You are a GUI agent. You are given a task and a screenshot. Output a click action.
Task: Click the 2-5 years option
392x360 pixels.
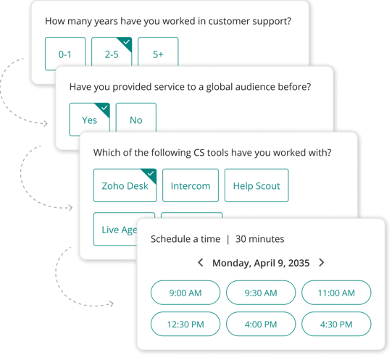tap(112, 52)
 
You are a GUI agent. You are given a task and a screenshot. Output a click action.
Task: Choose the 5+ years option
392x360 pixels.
tap(158, 52)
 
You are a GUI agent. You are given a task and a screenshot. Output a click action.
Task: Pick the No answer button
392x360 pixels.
tap(136, 118)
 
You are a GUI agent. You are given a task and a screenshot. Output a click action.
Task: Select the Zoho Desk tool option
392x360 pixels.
tap(125, 185)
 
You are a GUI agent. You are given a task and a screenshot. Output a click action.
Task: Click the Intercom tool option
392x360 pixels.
tap(191, 185)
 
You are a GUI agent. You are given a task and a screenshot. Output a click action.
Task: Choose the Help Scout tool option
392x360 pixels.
tap(257, 185)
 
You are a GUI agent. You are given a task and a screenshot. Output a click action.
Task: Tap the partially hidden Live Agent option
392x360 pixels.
tap(115, 229)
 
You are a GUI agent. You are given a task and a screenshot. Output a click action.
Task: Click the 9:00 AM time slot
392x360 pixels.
tap(185, 293)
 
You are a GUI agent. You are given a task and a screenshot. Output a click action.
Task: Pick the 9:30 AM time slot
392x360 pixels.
tap(261, 293)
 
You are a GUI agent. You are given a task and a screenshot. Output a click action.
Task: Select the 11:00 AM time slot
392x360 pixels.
tap(336, 293)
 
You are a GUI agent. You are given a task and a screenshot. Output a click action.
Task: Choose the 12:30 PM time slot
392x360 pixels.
tap(185, 324)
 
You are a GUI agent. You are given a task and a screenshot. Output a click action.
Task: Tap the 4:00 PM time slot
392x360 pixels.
tap(261, 324)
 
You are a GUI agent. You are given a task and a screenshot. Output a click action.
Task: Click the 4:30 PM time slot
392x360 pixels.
tap(336, 324)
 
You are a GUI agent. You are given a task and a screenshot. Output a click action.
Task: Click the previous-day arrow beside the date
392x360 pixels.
tap(200, 262)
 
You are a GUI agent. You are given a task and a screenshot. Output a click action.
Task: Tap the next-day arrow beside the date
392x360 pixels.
tap(322, 262)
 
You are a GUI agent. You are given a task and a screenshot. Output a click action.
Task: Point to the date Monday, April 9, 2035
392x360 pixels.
tap(261, 263)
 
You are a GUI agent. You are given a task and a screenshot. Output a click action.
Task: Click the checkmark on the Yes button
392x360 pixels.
tap(104, 108)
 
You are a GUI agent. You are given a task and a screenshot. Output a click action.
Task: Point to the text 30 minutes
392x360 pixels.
tap(259, 239)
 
